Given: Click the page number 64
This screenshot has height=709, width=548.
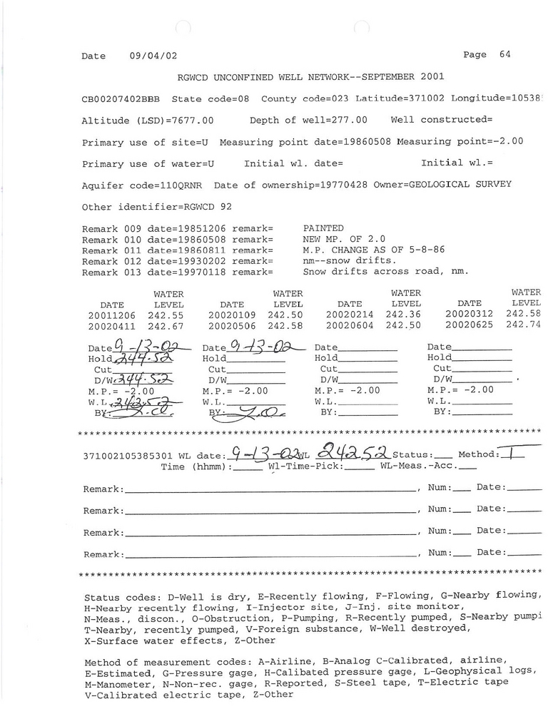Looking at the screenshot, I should pos(504,54).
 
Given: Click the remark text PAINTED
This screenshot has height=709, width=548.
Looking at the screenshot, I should pos(323,228).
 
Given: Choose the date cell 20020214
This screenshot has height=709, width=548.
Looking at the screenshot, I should pos(350,315).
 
